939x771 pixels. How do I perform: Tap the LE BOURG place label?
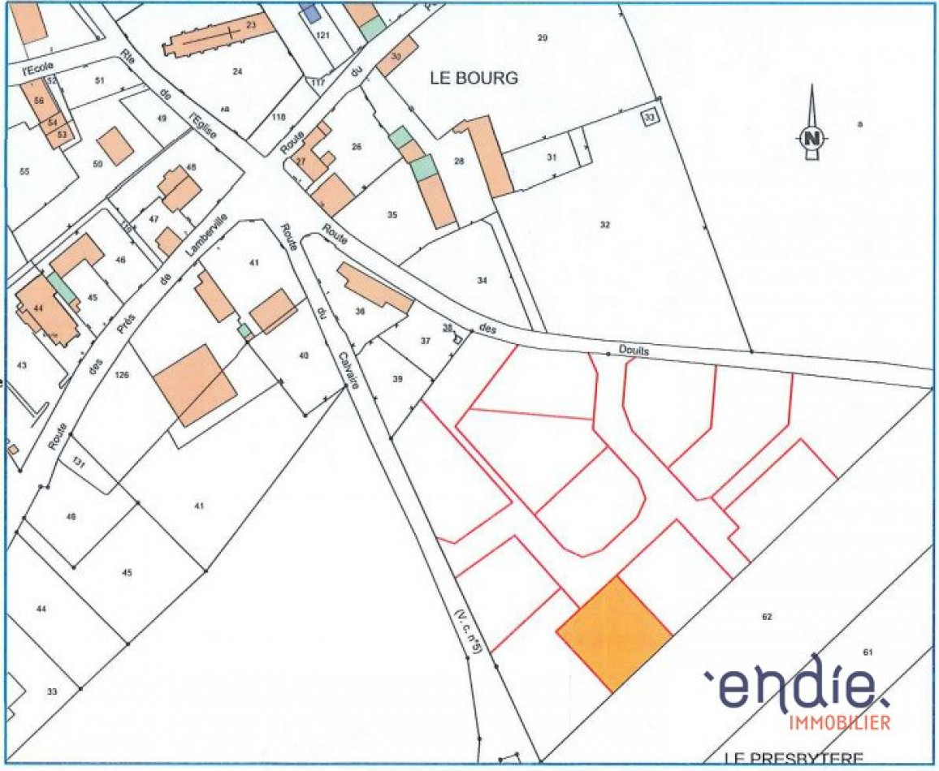[474, 79]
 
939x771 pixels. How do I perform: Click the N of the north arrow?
[811, 138]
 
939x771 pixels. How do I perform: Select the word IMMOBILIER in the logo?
[840, 721]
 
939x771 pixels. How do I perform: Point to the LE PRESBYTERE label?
[794, 759]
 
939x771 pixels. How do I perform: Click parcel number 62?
[766, 617]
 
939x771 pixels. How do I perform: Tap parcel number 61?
[867, 653]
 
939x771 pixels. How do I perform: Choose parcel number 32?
[604, 225]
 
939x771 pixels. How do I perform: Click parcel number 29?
[543, 37]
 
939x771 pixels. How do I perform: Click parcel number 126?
[123, 374]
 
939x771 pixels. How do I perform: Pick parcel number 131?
[79, 462]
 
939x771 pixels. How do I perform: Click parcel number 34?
[482, 281]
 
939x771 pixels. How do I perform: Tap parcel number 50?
[98, 164]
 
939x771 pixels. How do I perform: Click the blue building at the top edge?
[309, 10]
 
